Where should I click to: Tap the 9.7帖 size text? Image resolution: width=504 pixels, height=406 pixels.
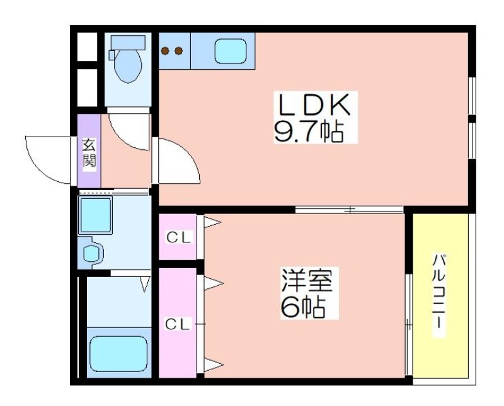coord(308,132)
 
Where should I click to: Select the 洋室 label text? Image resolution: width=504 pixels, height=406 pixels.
coord(307,279)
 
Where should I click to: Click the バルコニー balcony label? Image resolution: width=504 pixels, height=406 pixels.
coord(438,295)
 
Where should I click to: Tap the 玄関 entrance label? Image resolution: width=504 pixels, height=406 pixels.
coord(89,153)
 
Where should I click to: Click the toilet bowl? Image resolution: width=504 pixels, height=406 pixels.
coord(128,66)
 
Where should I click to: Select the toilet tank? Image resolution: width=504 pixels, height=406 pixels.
coord(128,42)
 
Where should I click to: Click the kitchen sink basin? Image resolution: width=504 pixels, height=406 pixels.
coord(230,52)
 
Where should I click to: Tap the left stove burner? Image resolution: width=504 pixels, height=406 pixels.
coord(166,51)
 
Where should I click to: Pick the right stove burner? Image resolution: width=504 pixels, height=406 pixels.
coord(178,51)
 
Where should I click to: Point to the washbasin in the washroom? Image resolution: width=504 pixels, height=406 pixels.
coord(91,253)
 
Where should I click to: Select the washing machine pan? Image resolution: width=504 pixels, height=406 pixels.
coord(96,215)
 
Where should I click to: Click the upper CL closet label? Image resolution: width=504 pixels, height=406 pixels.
coord(178,238)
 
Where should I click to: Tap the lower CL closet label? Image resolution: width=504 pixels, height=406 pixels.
coord(178,325)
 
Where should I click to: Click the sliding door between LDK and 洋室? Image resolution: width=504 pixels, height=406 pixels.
coord(349,210)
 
